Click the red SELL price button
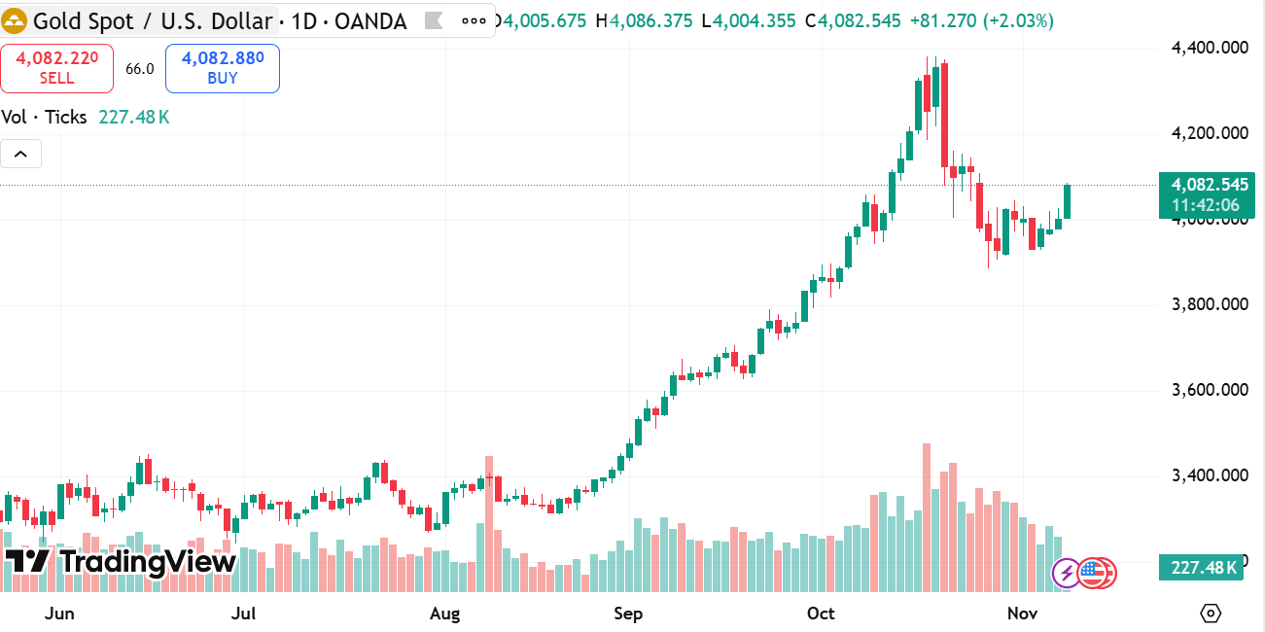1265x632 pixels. [x=56, y=68]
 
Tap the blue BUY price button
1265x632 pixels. [x=223, y=68]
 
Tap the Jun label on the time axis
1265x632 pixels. [x=60, y=614]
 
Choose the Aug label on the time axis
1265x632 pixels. [x=444, y=614]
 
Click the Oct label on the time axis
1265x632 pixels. [x=822, y=614]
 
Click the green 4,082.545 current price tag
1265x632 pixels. [x=1207, y=185]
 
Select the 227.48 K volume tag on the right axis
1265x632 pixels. [x=1201, y=567]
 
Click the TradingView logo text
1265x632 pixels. [x=121, y=562]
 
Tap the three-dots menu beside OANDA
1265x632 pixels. [x=474, y=19]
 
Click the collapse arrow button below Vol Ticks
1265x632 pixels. [x=21, y=154]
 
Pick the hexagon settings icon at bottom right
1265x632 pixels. [x=1211, y=614]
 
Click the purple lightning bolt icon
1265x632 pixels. [x=1067, y=573]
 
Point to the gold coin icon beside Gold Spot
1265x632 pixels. [x=15, y=19]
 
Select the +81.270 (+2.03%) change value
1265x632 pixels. [x=982, y=20]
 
